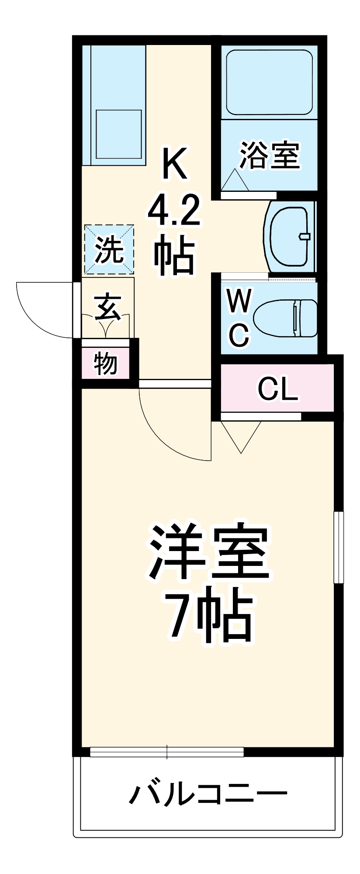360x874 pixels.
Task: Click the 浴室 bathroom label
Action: (x=270, y=155)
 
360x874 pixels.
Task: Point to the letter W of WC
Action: (x=239, y=301)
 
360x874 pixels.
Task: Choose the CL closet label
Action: (x=277, y=388)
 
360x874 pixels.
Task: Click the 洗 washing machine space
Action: (x=109, y=250)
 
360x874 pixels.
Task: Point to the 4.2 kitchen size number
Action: (x=173, y=212)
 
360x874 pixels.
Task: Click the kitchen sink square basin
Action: (x=118, y=134)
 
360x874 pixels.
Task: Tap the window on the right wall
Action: (x=339, y=546)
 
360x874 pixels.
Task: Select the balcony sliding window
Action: (x=167, y=752)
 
